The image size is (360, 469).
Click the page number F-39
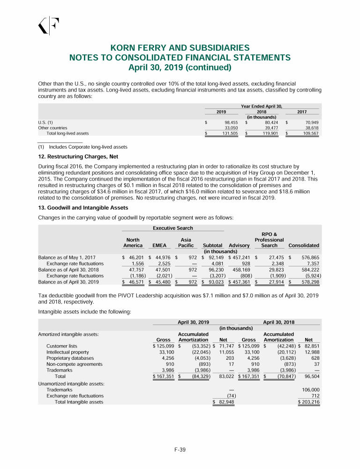click(180, 450)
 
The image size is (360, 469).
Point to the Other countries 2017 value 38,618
click(310, 128)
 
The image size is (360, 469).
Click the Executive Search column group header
click(173, 228)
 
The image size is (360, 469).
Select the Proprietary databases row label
click(71, 359)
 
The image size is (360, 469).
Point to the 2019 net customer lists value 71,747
click(225, 346)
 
